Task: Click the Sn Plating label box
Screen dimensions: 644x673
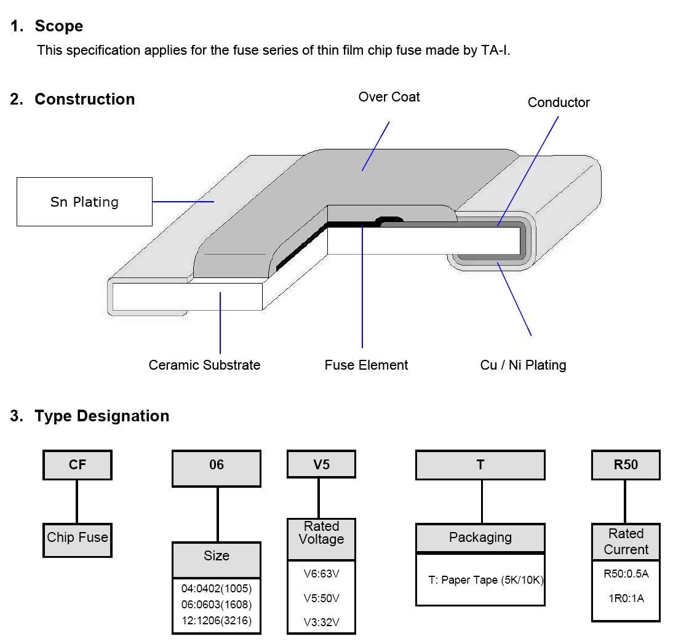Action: [x=84, y=202]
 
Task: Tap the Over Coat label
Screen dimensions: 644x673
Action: [x=389, y=97]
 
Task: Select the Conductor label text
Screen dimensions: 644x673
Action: [x=559, y=103]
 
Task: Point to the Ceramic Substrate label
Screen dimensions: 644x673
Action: [x=204, y=365]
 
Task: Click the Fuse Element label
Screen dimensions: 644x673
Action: [x=366, y=365]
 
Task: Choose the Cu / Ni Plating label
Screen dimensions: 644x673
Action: [x=523, y=365]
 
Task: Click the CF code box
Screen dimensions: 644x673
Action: [x=78, y=465]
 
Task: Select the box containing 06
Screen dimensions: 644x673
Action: [x=217, y=465]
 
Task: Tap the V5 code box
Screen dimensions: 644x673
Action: [x=321, y=464]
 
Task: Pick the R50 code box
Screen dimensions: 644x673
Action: [x=626, y=465]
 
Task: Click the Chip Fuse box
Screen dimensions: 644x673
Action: [x=78, y=538]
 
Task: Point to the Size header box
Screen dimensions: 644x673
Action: [x=217, y=556]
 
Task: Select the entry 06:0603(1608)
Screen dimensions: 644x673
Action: [x=217, y=604]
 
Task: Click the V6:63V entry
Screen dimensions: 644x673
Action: [x=321, y=574]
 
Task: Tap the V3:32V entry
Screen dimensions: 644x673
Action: [x=321, y=622]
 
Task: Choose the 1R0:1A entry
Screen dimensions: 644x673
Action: [x=626, y=598]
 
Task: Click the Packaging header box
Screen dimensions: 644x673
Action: [x=480, y=538]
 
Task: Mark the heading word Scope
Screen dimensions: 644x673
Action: [x=58, y=26]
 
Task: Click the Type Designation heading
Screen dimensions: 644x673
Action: [x=102, y=416]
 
